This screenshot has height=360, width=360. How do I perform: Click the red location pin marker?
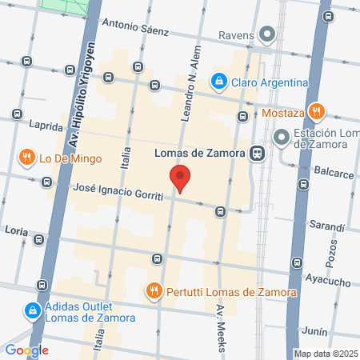(x=180, y=178)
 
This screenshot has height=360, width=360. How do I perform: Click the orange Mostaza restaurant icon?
(x=317, y=112)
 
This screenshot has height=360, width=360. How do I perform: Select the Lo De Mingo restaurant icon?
(x=29, y=158)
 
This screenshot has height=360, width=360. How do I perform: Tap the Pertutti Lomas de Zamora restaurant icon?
(x=155, y=290)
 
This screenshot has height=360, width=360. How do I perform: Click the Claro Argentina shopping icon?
(x=218, y=81)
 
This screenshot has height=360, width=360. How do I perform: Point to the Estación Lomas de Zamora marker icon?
(x=281, y=138)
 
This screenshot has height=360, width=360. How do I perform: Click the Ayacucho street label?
(x=328, y=282)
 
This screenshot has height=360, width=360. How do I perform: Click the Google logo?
(x=26, y=350)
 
